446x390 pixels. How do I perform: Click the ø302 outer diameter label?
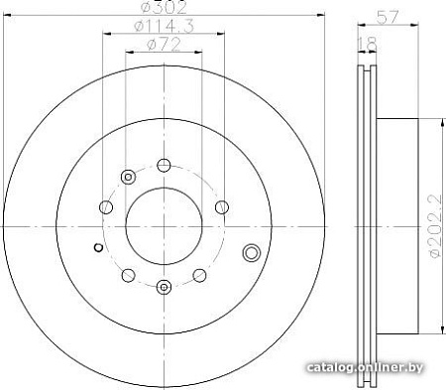(x=164, y=7)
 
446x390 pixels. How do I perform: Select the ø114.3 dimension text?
(x=164, y=26)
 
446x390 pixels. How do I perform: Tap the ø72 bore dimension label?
(x=164, y=45)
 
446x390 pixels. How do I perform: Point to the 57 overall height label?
(x=388, y=17)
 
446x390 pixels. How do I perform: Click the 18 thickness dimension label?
(x=367, y=44)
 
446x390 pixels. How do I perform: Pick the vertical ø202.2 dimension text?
(x=435, y=226)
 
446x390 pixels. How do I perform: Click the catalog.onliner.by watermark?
(x=365, y=367)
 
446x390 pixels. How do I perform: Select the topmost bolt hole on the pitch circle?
(x=164, y=165)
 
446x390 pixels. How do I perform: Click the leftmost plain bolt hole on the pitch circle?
(x=106, y=207)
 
